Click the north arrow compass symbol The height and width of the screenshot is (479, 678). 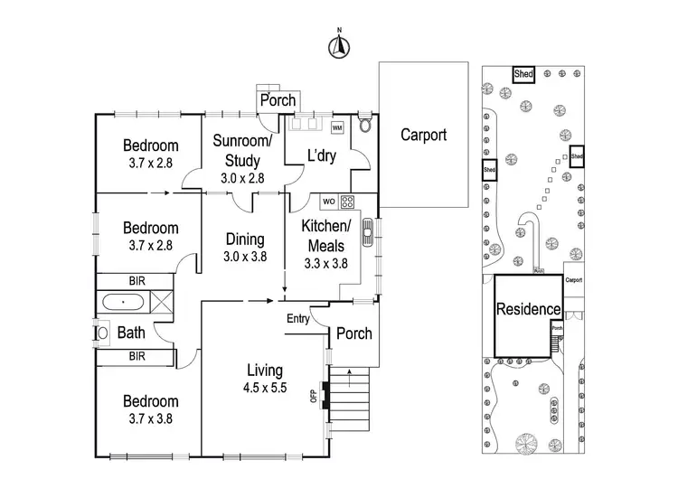(340, 46)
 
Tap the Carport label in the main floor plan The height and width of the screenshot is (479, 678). (423, 135)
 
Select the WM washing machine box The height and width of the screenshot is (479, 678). (337, 127)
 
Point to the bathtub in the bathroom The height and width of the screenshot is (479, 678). (125, 303)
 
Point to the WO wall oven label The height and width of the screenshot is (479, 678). (329, 201)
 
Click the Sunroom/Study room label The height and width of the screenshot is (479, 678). (241, 151)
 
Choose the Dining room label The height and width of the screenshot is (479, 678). (245, 239)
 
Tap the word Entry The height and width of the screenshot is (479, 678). (297, 318)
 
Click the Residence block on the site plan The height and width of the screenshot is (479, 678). (528, 308)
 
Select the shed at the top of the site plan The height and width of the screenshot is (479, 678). (523, 74)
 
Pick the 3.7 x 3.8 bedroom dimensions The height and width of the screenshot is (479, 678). (151, 418)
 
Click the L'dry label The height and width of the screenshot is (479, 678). (321, 155)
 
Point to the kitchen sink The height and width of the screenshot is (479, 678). (368, 234)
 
